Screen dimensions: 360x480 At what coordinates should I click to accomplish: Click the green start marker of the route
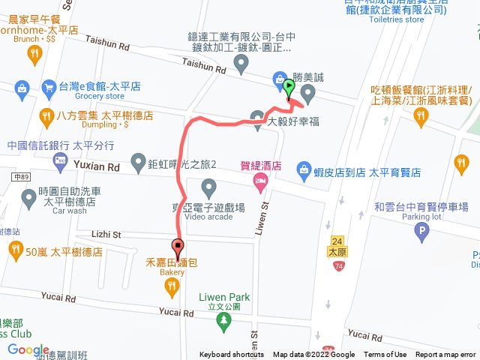point(289,86)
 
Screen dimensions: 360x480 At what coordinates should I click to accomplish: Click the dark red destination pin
point(178,246)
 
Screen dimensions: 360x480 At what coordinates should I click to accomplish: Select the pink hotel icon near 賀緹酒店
point(260,181)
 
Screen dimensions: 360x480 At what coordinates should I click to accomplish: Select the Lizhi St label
point(106,235)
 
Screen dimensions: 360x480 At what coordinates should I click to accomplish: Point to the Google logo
point(28,349)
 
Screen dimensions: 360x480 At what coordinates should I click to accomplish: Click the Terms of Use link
point(385,355)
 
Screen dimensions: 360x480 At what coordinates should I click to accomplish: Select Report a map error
point(446,355)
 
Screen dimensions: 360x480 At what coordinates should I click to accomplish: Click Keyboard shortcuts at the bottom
point(232,355)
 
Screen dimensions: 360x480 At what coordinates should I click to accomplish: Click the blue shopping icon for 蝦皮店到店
point(304,169)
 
